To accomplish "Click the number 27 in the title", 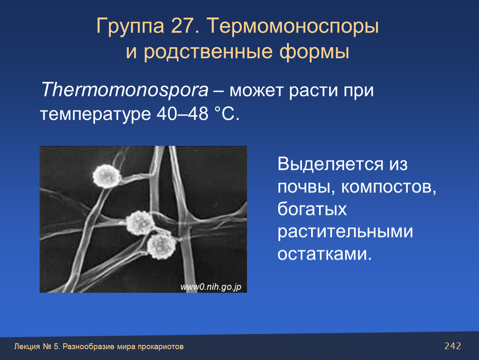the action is click(x=182, y=26).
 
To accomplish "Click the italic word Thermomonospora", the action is click(x=125, y=90).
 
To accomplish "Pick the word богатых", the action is click(x=312, y=209).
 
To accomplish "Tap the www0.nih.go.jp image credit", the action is click(x=211, y=287).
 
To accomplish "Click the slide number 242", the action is click(x=452, y=346).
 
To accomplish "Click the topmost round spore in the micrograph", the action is click(x=107, y=176).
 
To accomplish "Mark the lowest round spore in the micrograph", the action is click(x=161, y=246).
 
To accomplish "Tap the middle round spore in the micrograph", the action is click(x=140, y=223).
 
